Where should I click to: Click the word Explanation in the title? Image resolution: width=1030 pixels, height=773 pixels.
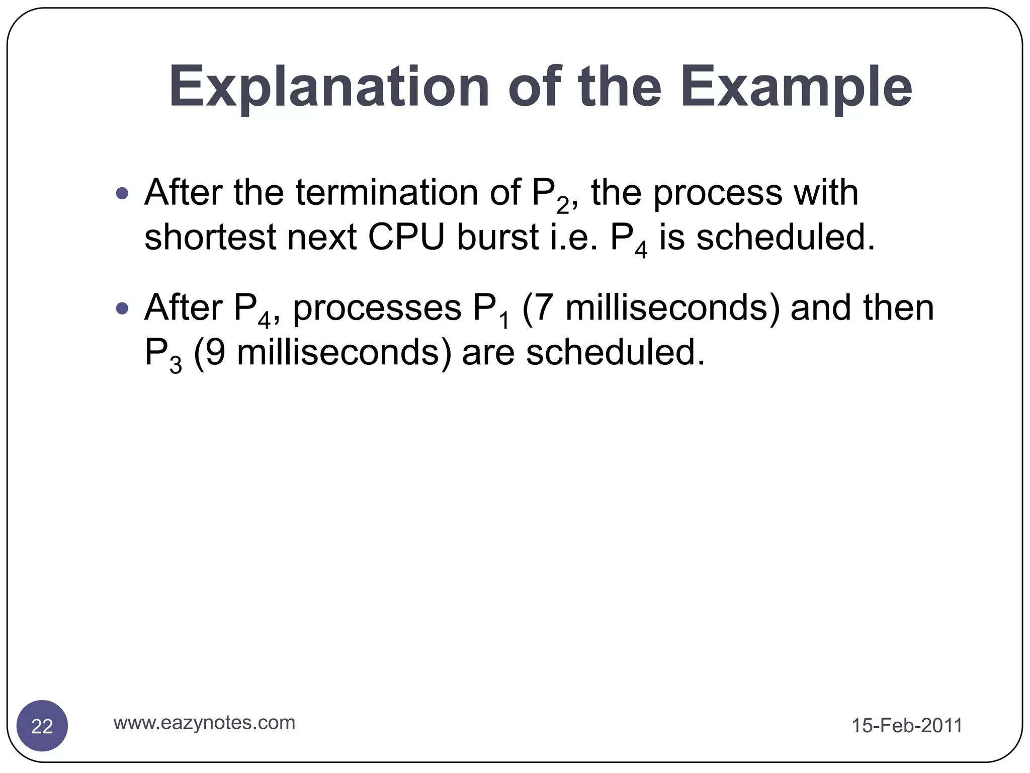coord(329,88)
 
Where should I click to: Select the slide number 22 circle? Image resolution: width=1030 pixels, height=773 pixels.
coord(42,726)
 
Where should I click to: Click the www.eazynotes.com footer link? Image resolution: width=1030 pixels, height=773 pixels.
coord(204,723)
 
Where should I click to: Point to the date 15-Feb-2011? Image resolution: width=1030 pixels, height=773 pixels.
coord(907,726)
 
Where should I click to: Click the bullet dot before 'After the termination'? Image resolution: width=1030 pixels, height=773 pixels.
coord(122,193)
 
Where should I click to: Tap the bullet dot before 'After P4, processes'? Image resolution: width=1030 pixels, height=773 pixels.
coord(122,308)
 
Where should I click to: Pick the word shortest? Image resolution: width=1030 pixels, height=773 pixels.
coord(210,237)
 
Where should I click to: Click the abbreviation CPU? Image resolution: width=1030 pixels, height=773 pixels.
coord(406,237)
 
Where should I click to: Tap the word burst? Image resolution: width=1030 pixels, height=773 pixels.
coord(498,237)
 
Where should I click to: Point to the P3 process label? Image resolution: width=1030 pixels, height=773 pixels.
coord(162,355)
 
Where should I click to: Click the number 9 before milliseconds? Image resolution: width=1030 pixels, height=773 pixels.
coord(215,353)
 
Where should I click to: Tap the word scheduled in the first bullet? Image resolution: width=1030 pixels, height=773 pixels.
coord(786,237)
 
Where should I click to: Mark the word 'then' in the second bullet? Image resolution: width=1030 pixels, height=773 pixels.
coord(898,308)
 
